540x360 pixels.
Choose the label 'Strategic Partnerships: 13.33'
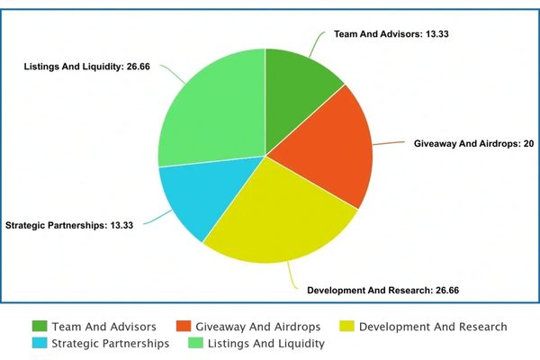pos(69,225)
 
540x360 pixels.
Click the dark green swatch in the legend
pos(40,325)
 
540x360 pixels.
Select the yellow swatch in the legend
pos(346,325)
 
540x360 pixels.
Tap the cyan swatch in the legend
pos(40,342)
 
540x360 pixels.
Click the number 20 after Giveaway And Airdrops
pos(528,144)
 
